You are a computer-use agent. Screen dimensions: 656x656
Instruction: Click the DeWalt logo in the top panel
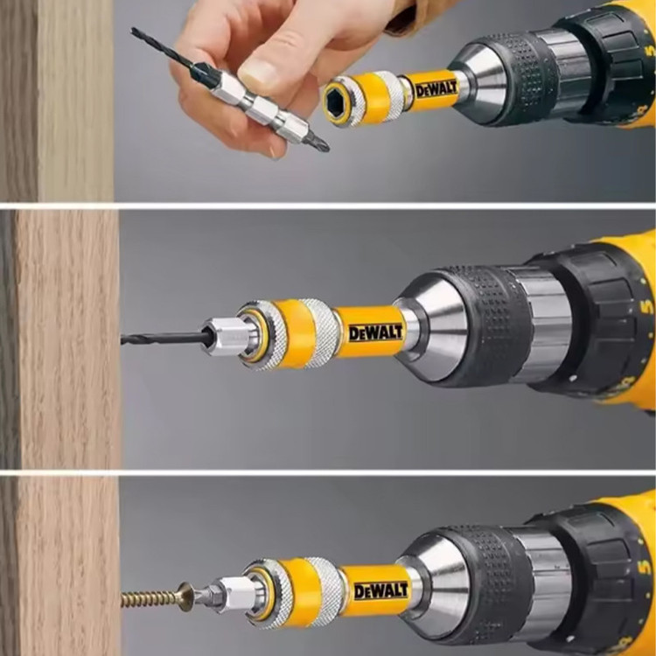point(436,89)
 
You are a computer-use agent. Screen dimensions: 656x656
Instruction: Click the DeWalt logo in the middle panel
point(376,332)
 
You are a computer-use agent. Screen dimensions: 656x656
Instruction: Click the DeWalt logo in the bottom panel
point(380,590)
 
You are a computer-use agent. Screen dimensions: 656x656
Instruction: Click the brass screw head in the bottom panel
point(185,597)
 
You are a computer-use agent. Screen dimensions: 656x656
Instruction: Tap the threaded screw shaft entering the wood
point(150,598)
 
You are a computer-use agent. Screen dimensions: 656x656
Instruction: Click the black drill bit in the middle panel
point(163,338)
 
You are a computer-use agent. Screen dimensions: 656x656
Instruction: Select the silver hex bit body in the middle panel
point(225,337)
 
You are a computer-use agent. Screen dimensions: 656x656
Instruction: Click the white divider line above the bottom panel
point(328,472)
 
